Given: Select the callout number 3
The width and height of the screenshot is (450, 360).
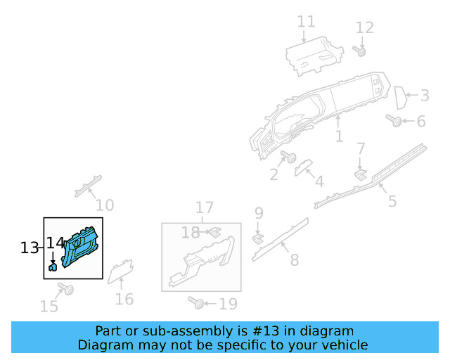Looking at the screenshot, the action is pos(424,95).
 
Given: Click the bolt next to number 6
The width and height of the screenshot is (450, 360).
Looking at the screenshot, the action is pos(395,122).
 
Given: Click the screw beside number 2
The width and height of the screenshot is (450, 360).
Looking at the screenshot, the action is pos(288,156).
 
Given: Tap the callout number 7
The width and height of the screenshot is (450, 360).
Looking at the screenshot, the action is pos(361,149).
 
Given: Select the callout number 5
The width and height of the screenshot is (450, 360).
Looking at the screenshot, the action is pos(392,201).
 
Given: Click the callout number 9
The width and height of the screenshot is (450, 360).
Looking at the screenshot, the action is pos(259,212).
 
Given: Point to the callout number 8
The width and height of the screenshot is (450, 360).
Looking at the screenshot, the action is pos(294,259).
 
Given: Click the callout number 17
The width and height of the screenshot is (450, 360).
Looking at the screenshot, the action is pos(204,207).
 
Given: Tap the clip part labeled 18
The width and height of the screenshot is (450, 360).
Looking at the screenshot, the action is pos(215,231).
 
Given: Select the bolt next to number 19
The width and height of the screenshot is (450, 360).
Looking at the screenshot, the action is pos(197,303).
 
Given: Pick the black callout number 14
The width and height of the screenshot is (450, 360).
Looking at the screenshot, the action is pos(55,243).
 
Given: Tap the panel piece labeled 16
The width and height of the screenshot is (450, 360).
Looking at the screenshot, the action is pos(120,270).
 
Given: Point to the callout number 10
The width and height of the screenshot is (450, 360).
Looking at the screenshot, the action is pos(105,205).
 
